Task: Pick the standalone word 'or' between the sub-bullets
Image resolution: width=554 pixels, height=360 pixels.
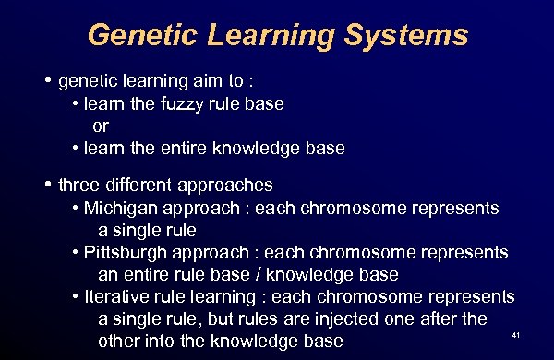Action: pyautogui.click(x=101, y=126)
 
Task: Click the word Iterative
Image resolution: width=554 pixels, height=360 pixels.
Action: pyautogui.click(x=115, y=297)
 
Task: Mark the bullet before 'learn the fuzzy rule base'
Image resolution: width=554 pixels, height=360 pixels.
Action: pyautogui.click(x=74, y=105)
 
